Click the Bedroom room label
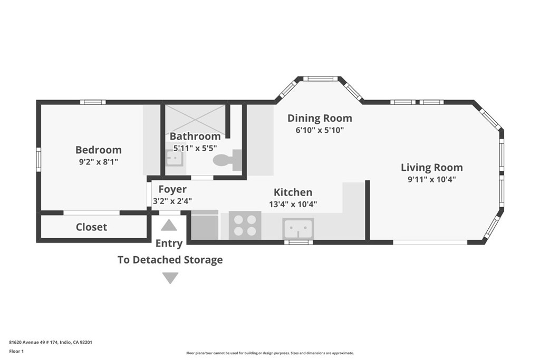tap(99, 150)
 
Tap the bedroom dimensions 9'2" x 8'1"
tap(99, 162)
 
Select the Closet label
tap(91, 227)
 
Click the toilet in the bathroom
tap(228, 160)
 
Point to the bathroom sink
tap(176, 159)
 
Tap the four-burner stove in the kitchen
tap(245, 225)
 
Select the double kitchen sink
tap(298, 228)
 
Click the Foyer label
tap(172, 189)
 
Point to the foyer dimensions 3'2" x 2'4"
tap(172, 201)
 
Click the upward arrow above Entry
tap(169, 226)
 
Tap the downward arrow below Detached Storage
tap(170, 278)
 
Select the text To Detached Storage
tap(170, 259)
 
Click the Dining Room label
tap(320, 118)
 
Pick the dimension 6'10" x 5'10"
tap(320, 130)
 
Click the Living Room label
tap(432, 168)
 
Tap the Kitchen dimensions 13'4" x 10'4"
tap(293, 204)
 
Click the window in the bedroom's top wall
tap(93, 102)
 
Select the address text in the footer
tap(51, 342)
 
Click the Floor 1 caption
tap(16, 352)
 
